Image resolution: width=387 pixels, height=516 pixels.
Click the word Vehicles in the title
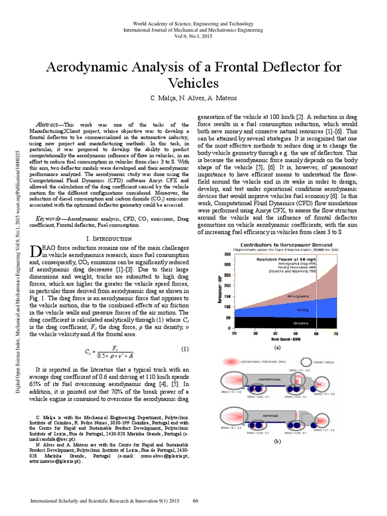193,83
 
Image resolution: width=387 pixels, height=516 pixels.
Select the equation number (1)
184,349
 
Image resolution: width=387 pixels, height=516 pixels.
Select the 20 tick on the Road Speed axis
234,333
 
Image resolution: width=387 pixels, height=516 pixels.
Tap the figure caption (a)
277,348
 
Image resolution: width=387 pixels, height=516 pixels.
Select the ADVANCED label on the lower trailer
270,415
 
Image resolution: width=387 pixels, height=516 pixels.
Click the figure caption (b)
277,441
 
